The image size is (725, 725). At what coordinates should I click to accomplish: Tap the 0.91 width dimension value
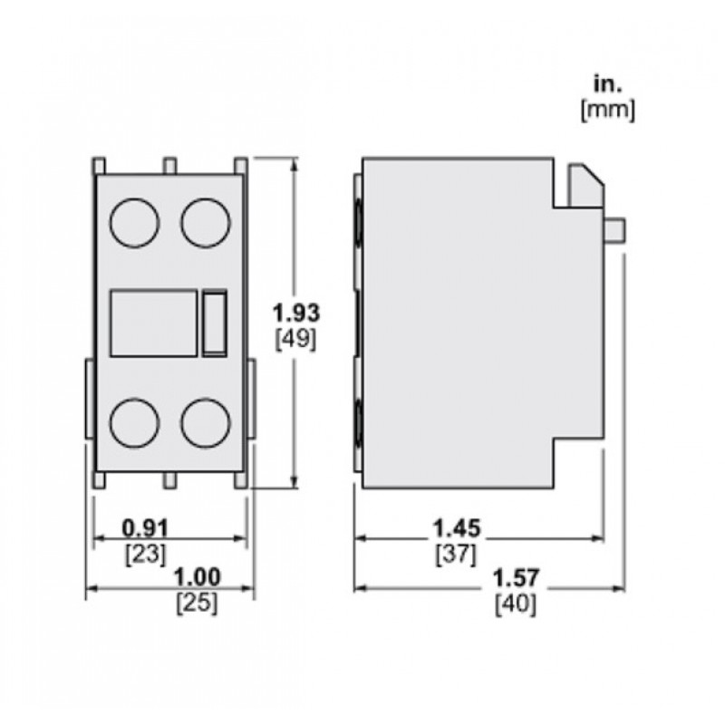(x=146, y=527)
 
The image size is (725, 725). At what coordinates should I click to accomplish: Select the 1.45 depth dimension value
(x=457, y=527)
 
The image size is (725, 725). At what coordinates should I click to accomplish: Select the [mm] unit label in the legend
(x=607, y=111)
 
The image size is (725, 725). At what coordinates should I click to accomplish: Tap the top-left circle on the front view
(x=134, y=222)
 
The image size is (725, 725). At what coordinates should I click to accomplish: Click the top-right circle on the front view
(x=205, y=222)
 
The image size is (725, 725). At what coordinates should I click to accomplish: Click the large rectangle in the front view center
(x=153, y=323)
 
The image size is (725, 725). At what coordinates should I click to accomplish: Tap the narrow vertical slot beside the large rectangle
(x=214, y=323)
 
